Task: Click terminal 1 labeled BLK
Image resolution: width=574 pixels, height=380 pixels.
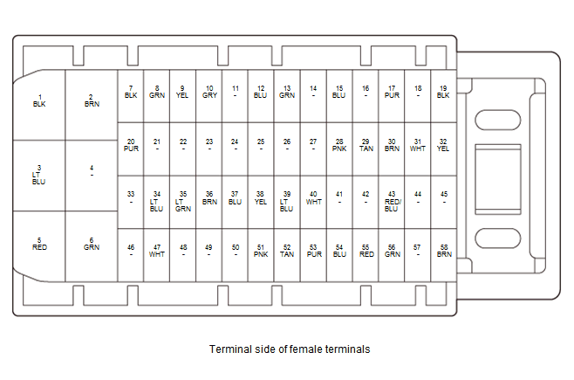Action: click(39, 100)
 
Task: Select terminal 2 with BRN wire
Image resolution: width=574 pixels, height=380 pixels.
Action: click(92, 100)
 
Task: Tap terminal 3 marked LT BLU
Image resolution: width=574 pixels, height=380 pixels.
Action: click(38, 175)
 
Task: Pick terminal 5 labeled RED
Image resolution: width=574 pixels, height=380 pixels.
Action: click(39, 244)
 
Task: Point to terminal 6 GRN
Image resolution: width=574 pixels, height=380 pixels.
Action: click(92, 244)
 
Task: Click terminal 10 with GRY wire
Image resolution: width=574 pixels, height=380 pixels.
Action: click(208, 92)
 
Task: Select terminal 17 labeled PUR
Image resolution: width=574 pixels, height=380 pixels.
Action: click(392, 92)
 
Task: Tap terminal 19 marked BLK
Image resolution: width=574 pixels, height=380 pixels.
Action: click(443, 92)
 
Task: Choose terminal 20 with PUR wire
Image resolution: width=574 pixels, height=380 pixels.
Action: click(131, 144)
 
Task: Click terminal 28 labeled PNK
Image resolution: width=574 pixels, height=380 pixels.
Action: click(339, 144)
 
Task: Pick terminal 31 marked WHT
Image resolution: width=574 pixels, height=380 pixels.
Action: click(418, 144)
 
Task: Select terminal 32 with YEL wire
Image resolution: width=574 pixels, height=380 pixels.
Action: click(443, 144)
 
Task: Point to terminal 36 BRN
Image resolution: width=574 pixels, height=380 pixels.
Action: click(208, 197)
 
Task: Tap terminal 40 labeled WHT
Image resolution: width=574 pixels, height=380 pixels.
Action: click(313, 197)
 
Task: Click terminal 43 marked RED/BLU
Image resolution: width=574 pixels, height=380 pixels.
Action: click(392, 201)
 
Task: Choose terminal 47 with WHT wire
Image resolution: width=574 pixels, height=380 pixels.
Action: click(157, 251)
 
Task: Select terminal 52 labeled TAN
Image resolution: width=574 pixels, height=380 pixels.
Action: click(287, 251)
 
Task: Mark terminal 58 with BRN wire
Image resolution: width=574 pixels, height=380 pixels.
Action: click(443, 251)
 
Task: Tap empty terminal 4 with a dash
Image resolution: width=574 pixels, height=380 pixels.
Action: click(92, 171)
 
